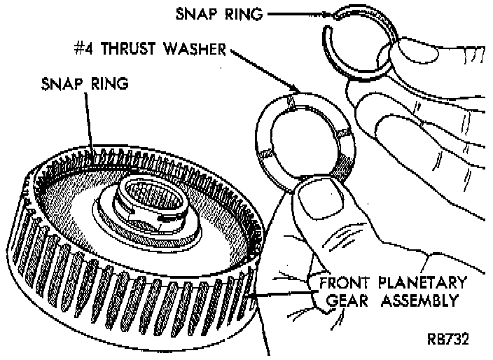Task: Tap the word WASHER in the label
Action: point(200,50)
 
